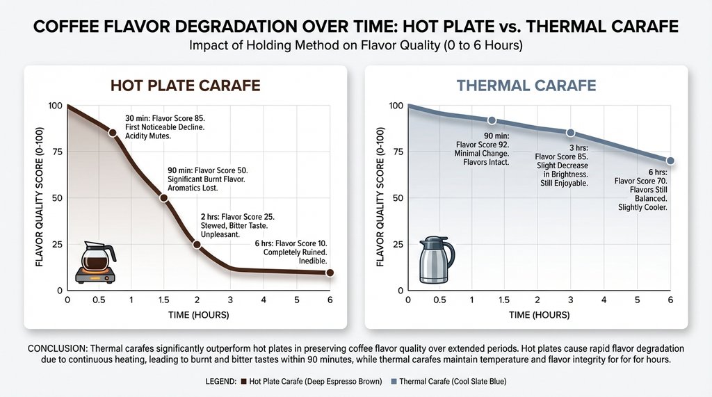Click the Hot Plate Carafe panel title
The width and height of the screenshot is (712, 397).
(x=186, y=86)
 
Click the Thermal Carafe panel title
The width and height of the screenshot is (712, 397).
(x=526, y=86)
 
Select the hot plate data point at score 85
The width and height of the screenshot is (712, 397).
(x=113, y=132)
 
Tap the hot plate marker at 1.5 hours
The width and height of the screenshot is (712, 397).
(x=164, y=198)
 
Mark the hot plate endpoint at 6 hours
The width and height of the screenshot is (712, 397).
(x=330, y=273)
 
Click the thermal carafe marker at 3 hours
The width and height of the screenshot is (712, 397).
(x=571, y=133)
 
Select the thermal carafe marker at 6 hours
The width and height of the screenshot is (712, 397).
(x=670, y=161)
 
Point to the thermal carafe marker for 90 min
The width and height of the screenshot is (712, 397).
(x=492, y=121)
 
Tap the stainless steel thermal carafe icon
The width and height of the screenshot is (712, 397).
(x=436, y=260)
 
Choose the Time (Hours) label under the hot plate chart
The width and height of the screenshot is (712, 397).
(x=198, y=315)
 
